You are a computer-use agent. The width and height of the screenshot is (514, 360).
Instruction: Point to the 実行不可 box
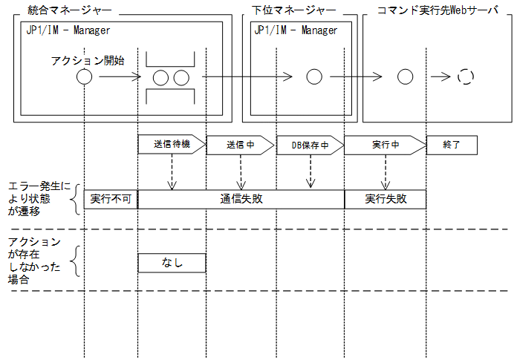coord(111,199)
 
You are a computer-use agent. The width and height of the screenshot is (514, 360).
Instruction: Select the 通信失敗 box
coord(241,199)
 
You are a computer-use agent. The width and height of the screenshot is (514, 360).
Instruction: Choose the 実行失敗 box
coord(385,199)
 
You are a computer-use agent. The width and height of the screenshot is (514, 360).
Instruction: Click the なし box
coord(172,262)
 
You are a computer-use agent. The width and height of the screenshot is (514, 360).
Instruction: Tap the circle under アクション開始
coord(85,76)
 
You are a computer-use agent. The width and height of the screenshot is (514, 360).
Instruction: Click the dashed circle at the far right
coord(466,76)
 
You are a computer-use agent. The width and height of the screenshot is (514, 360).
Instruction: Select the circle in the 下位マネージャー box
coord(313,76)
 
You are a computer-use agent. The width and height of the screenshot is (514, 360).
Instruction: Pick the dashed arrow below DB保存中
coord(310,171)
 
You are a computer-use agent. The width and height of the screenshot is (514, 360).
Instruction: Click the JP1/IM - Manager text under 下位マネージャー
coord(296,30)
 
